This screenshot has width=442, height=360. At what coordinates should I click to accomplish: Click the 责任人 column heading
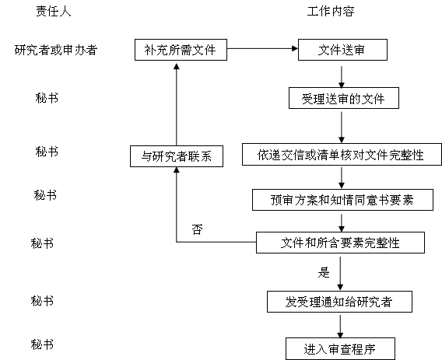(x=53, y=11)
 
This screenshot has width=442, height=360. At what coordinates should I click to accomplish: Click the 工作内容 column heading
(x=331, y=11)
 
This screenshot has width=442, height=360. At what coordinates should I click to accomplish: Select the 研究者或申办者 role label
(x=56, y=50)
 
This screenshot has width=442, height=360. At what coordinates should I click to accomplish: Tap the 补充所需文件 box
(x=181, y=50)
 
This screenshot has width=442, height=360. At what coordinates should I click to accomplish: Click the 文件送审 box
(x=342, y=50)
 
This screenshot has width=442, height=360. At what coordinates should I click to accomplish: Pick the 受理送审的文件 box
(x=344, y=98)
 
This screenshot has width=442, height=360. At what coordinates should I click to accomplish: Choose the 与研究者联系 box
(x=177, y=156)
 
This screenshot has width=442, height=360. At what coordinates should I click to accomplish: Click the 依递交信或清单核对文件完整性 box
(x=342, y=155)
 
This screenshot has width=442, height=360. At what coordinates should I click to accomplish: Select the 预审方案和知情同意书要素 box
(x=342, y=200)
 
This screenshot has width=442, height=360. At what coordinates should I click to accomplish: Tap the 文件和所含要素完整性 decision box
(x=340, y=243)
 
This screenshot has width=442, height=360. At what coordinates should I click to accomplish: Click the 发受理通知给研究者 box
(x=339, y=302)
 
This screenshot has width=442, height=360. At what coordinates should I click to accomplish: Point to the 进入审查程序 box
(x=340, y=349)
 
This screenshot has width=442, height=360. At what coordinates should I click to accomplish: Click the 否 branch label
(x=197, y=229)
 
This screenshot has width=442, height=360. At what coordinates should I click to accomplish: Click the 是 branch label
(x=324, y=272)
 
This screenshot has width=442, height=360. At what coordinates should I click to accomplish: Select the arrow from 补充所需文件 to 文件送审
(x=262, y=48)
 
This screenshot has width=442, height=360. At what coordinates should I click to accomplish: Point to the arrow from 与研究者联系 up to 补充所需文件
(x=177, y=104)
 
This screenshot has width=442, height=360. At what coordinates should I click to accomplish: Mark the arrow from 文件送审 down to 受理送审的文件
(x=342, y=77)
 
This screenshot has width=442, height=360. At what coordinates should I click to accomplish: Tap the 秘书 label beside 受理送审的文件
(x=47, y=98)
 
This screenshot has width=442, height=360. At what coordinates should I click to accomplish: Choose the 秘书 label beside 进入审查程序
(x=42, y=344)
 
